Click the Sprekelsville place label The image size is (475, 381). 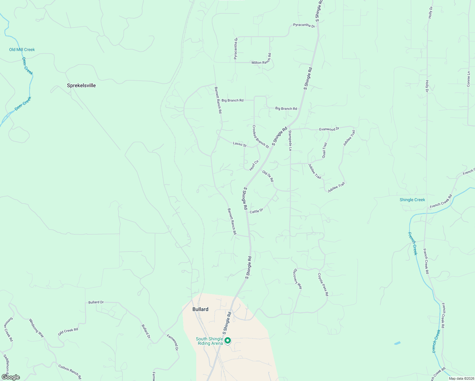coord(81,85)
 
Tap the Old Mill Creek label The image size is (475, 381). coord(22,50)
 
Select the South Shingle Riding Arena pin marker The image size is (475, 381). coord(227,341)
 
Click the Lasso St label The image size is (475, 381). coord(240,144)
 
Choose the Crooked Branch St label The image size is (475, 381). coord(260,137)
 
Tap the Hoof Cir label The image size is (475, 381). coord(254,165)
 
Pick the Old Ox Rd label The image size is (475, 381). coord(268,176)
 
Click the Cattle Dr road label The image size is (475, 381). coord(257,211)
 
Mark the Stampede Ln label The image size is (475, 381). coord(290,140)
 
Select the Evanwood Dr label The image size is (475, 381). coord(329,129)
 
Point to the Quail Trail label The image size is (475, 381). coord(324,150)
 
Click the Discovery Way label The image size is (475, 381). coord(298,279)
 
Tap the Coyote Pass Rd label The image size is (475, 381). coord(323,284)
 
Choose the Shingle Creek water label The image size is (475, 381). coord(412,200)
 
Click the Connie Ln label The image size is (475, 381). coord(468,79)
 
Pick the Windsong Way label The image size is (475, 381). coord(37,328)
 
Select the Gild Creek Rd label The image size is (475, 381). coord(68,332)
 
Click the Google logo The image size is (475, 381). coord(11,377)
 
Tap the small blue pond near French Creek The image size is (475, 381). coord(397,343)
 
